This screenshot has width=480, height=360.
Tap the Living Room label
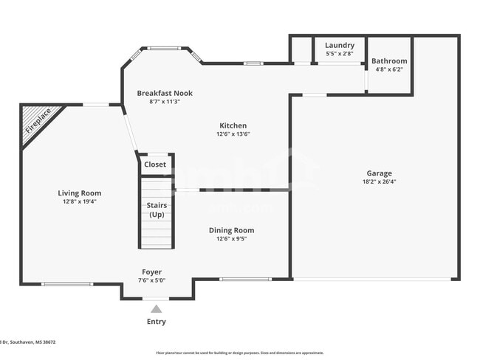(x=80, y=193)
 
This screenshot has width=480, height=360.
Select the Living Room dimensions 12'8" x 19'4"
(x=80, y=201)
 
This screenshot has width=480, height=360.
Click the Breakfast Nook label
(x=165, y=93)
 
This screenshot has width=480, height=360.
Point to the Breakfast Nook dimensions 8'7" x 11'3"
(x=165, y=102)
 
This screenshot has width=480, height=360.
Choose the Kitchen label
(x=233, y=125)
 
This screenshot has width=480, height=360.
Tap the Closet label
(x=155, y=165)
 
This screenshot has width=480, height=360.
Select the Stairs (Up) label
(x=157, y=210)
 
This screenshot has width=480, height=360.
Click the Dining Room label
(x=231, y=230)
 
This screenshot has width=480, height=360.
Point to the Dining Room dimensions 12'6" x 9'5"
(x=231, y=239)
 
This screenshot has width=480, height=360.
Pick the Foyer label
(x=151, y=272)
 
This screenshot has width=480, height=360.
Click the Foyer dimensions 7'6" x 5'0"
(x=151, y=280)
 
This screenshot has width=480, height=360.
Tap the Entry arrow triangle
(x=156, y=309)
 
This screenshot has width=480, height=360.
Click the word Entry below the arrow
(x=156, y=322)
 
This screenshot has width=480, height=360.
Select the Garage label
(x=379, y=173)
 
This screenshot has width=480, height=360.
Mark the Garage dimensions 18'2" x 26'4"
(x=379, y=182)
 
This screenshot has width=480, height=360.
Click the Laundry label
(x=340, y=45)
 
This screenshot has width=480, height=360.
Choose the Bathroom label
(x=389, y=60)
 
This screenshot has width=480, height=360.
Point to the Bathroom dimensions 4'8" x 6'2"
(x=389, y=69)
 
